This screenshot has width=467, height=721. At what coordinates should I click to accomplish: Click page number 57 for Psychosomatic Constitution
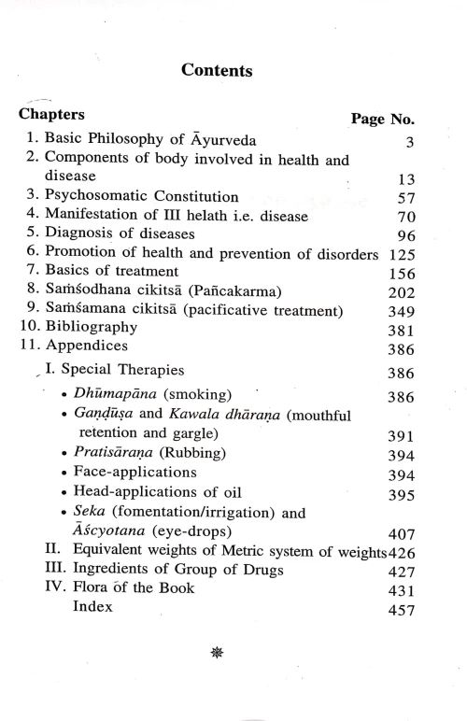(x=403, y=199)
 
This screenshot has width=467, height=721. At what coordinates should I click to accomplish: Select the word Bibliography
(x=93, y=328)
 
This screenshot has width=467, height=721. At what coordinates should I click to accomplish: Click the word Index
(x=92, y=607)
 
